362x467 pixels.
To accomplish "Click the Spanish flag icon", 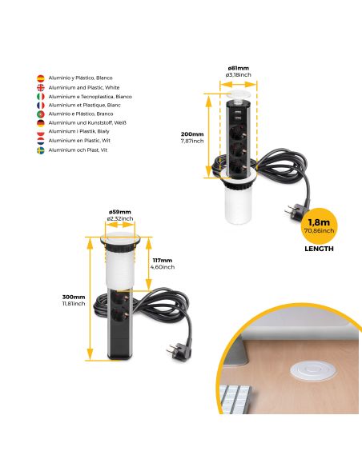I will click(41, 78).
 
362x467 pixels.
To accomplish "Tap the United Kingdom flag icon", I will click(41, 87).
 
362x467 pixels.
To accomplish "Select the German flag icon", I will click(41, 122).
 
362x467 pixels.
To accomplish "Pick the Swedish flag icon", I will click(41, 150).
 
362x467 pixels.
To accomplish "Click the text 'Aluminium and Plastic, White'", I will click(84, 87).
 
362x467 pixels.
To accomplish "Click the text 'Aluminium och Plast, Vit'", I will click(79, 150).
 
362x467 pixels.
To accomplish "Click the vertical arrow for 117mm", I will click(148, 263).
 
